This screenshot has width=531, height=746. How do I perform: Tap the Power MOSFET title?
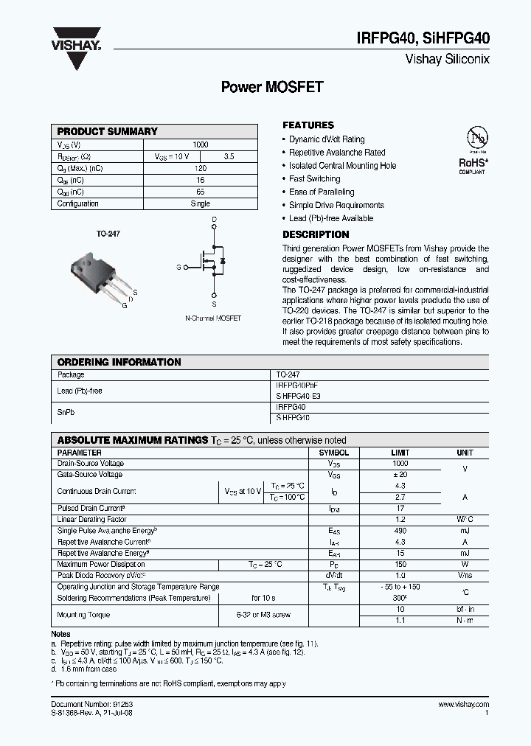pos(272,87)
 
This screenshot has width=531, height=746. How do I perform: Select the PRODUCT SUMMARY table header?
pos(108,131)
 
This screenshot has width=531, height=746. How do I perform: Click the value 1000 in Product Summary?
pos(200,144)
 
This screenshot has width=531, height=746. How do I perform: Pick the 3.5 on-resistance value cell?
pos(228,156)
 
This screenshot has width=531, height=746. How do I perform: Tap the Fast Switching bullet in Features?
pos(314,178)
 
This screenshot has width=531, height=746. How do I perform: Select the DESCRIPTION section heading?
pos(316,234)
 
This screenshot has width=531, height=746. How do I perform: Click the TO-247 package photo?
pos(102,273)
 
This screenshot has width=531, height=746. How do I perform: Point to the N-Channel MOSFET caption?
pos(213,318)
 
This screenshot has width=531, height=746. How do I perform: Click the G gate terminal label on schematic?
pos(178,267)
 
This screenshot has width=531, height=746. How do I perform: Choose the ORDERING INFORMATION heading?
pos(119,362)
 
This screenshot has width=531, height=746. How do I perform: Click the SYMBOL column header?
pos(333,453)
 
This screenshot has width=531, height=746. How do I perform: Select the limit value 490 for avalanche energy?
pos(400,531)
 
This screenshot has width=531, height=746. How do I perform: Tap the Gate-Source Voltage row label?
pos(90,475)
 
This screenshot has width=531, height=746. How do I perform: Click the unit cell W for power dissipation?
pos(465,564)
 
